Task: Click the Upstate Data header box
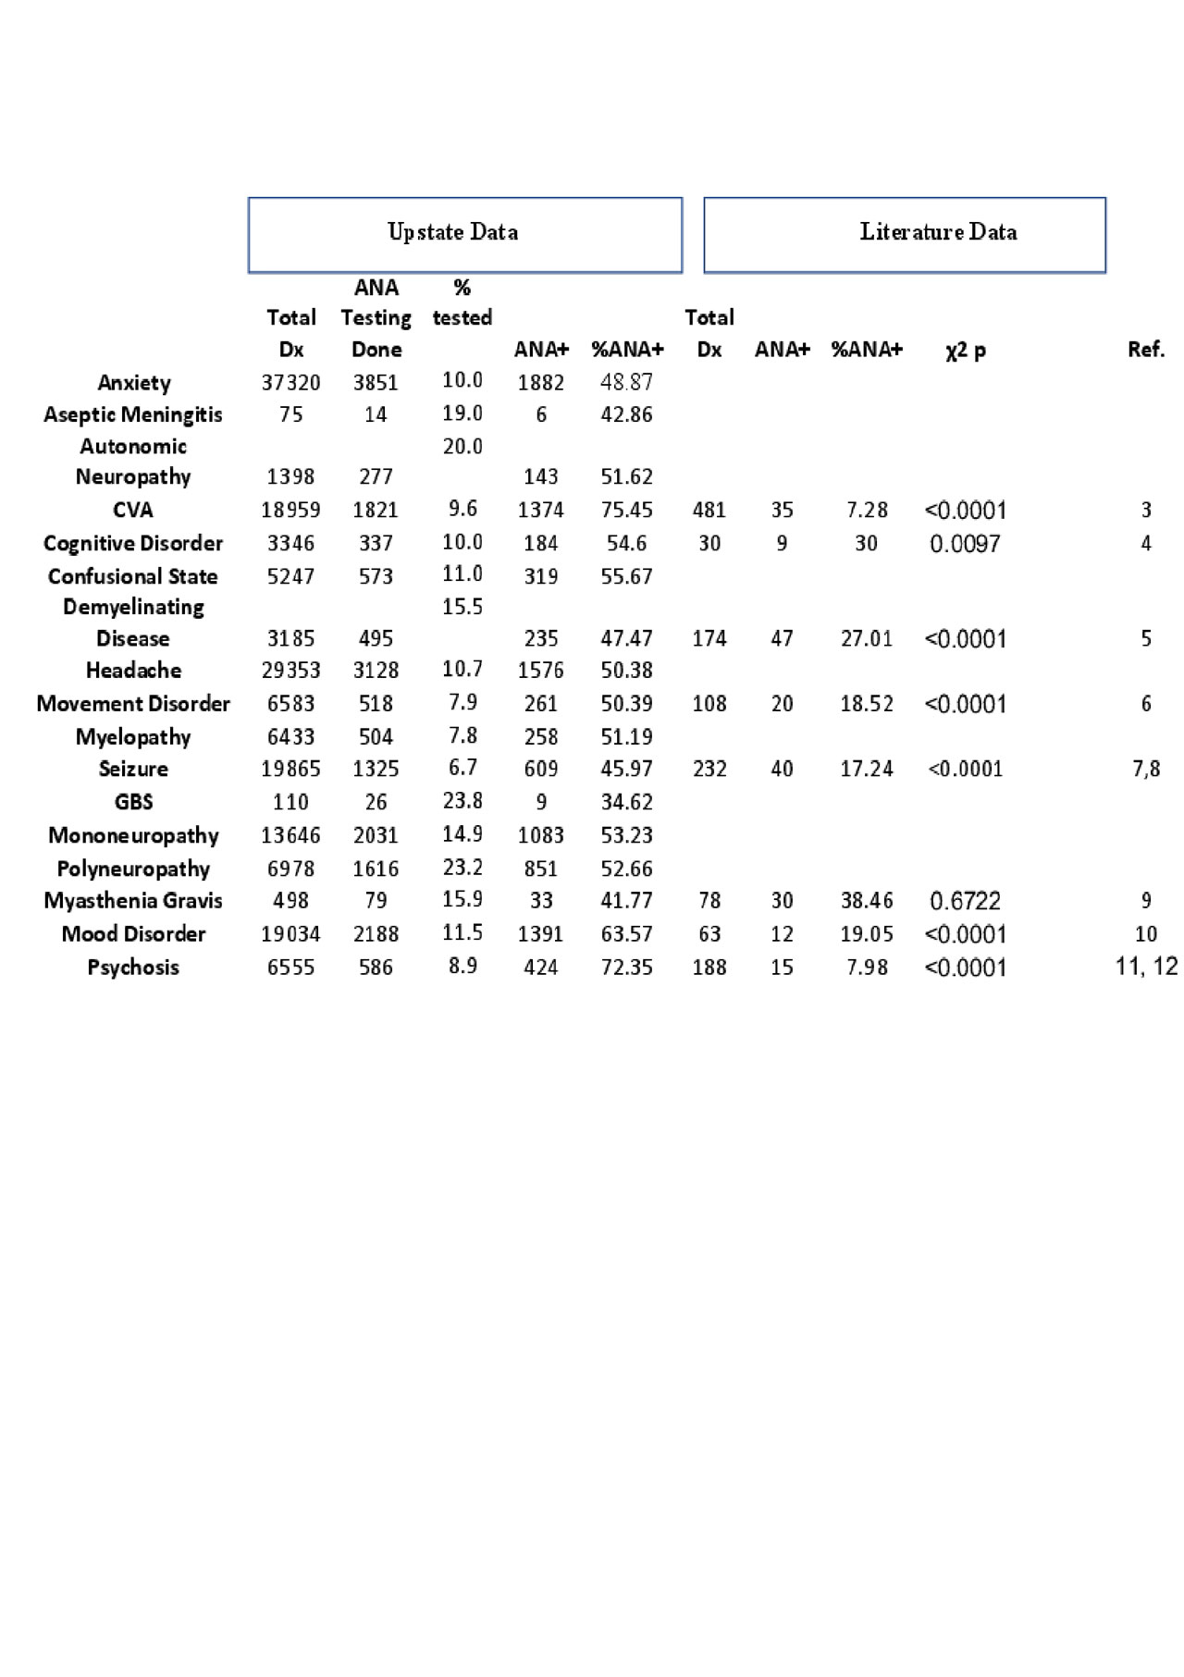pyautogui.click(x=464, y=234)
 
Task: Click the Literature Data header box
pyautogui.click(x=904, y=234)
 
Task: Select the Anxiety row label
pyautogui.click(x=134, y=383)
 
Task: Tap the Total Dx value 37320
pyautogui.click(x=290, y=383)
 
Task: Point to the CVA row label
pyautogui.click(x=133, y=510)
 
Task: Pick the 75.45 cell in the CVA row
pyautogui.click(x=626, y=510)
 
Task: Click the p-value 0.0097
pyautogui.click(x=965, y=543)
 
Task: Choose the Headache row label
pyautogui.click(x=133, y=670)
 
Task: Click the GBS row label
pyautogui.click(x=133, y=802)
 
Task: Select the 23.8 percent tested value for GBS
pyautogui.click(x=462, y=800)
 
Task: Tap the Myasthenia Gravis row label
pyautogui.click(x=133, y=900)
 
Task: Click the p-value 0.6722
pyautogui.click(x=965, y=900)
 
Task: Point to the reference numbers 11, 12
pyautogui.click(x=1146, y=967)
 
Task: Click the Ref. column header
pyautogui.click(x=1146, y=350)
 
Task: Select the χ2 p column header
pyautogui.click(x=965, y=351)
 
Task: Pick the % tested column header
pyautogui.click(x=462, y=303)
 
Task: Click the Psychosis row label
pyautogui.click(x=133, y=968)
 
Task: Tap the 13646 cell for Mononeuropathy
pyautogui.click(x=290, y=835)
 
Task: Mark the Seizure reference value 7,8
pyautogui.click(x=1146, y=769)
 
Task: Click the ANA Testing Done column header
pyautogui.click(x=376, y=318)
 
